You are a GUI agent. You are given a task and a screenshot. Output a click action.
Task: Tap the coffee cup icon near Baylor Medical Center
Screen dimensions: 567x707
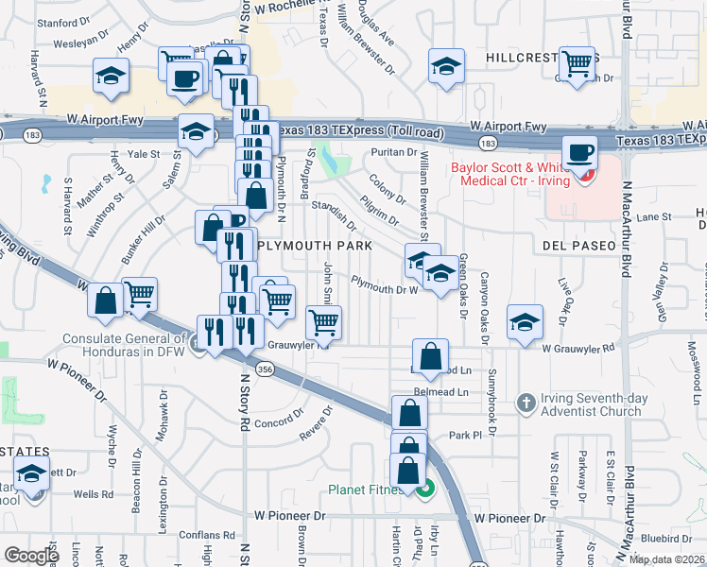pyautogui.click(x=578, y=152)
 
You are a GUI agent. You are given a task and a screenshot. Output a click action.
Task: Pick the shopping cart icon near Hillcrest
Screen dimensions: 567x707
pyautogui.click(x=577, y=64)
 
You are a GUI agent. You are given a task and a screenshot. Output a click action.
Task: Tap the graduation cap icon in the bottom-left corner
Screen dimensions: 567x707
pyautogui.click(x=33, y=474)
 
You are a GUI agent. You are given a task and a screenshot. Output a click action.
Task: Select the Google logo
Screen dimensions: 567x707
pyautogui.click(x=31, y=556)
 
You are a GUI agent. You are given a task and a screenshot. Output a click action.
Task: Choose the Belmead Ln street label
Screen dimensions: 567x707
pyautogui.click(x=440, y=391)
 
